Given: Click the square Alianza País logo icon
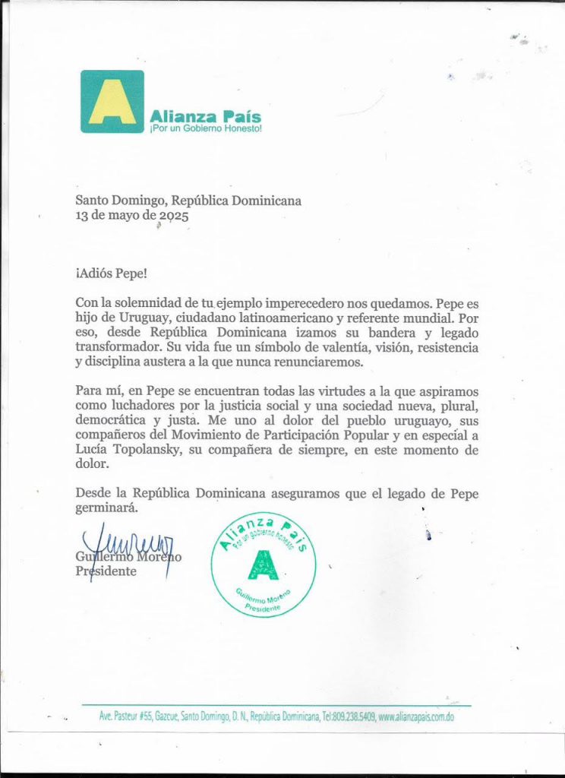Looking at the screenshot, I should click(x=112, y=102).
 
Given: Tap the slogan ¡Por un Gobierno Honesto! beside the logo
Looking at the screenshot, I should click(x=205, y=129).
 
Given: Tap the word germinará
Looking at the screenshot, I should click(x=106, y=508).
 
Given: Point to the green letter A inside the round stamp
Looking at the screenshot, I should click(x=264, y=564).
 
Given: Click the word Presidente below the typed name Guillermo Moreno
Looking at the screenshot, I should click(x=106, y=571).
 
